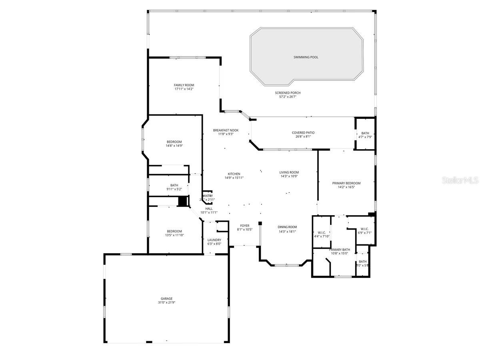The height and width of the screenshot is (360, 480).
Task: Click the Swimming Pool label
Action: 306,57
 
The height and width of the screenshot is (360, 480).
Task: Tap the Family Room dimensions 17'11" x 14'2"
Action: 184,89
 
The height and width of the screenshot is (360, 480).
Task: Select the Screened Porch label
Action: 288,93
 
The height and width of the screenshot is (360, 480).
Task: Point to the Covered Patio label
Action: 303,132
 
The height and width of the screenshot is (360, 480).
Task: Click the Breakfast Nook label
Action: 226,130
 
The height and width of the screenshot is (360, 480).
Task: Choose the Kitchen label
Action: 234,174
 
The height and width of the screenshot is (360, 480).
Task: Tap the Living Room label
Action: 289,172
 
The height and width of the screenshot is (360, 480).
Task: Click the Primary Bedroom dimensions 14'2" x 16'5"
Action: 346,187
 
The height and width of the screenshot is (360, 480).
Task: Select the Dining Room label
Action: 287,227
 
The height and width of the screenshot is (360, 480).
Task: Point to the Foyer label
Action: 245,226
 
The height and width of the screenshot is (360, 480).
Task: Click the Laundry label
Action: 214,240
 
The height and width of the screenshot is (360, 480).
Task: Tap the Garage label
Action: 167,298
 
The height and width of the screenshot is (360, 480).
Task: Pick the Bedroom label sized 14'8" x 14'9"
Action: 174,142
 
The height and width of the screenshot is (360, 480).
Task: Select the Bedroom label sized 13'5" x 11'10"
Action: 174,231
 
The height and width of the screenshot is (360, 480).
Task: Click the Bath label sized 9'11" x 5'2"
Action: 174,185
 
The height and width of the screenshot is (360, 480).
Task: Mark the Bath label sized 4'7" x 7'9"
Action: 365,133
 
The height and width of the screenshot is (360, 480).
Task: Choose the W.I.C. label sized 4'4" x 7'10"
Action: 322,232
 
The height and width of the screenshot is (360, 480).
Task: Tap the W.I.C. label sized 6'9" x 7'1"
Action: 364,229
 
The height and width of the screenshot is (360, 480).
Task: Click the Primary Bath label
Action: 339,249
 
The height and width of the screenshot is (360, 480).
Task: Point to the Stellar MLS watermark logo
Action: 460,181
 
